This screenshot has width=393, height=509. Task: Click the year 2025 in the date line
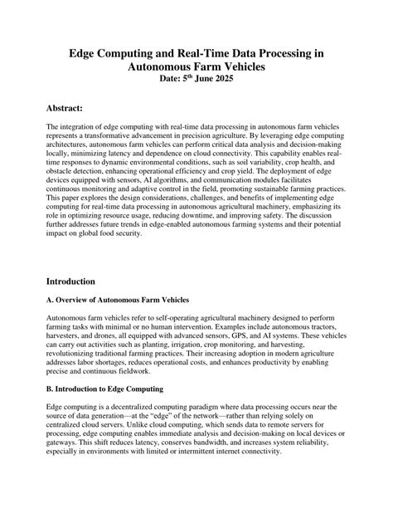point(233,79)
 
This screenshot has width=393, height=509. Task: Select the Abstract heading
point(71,109)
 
